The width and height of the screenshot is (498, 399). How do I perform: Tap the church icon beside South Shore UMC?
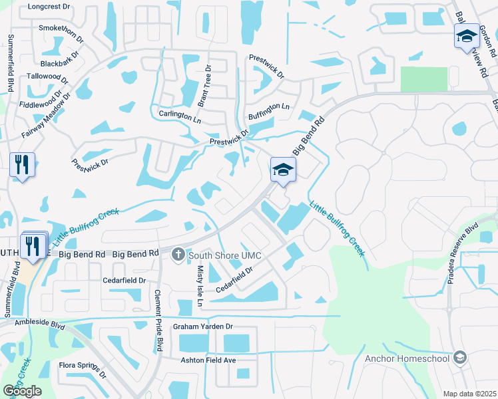(178, 254)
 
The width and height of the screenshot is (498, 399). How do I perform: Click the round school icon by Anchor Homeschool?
(459, 358)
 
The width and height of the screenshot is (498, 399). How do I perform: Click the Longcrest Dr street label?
(49, 7)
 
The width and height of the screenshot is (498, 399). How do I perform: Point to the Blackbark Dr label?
(62, 64)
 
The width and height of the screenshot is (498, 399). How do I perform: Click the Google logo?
(22, 391)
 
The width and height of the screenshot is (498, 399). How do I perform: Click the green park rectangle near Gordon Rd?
(424, 79)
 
